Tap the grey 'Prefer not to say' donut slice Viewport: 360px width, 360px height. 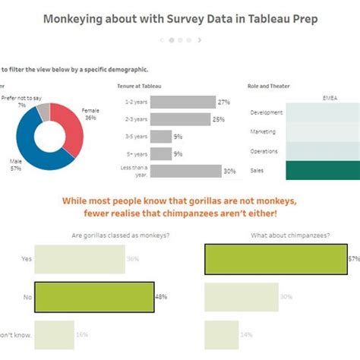[43, 112]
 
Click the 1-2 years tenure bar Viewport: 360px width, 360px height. [183, 101]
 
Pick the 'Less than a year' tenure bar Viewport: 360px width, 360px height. [186, 171]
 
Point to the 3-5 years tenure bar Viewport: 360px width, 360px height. [161, 136]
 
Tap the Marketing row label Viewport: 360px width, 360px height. [263, 131]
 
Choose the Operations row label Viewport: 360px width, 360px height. [263, 151]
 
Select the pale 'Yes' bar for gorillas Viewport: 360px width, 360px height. [79, 259]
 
